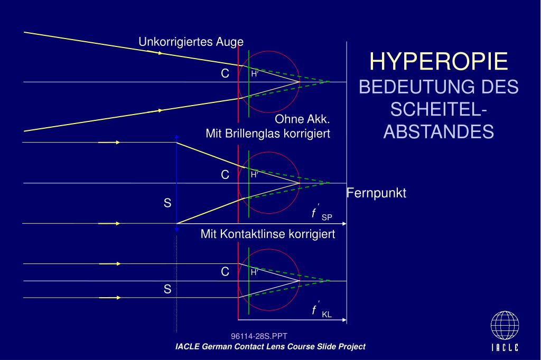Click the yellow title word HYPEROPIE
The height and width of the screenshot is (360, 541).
(x=439, y=62)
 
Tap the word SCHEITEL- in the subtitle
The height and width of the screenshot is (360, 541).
(x=439, y=110)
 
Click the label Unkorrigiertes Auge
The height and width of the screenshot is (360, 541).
(x=191, y=42)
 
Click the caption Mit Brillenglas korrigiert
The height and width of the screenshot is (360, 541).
(x=268, y=134)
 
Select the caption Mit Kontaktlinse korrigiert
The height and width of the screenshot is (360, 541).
(x=268, y=234)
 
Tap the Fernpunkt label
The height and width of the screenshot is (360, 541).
(x=376, y=194)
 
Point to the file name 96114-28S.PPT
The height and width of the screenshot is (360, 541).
(x=259, y=336)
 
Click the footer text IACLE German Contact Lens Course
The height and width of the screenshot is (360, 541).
(x=270, y=347)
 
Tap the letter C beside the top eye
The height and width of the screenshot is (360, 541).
(x=225, y=74)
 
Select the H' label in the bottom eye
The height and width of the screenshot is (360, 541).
(x=255, y=273)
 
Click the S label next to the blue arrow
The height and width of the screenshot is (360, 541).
(x=167, y=203)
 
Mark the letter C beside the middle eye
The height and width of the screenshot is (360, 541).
(x=225, y=175)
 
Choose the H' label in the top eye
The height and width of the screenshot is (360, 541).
(x=255, y=74)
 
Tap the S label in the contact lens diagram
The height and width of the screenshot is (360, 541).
(x=167, y=289)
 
